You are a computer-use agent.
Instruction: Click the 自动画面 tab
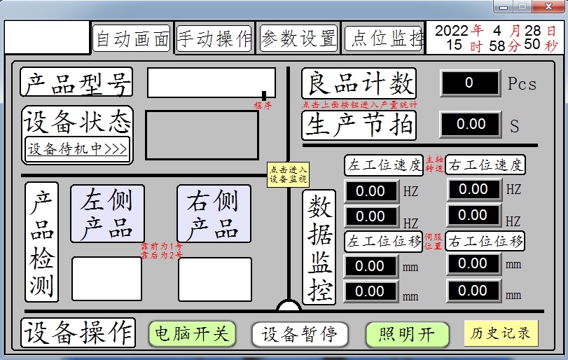tap(132, 39)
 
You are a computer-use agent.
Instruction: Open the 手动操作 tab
tap(214, 38)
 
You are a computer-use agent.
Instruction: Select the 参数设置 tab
tap(299, 38)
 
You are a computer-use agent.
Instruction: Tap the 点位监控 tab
tap(384, 38)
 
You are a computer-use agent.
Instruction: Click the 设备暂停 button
tap(300, 334)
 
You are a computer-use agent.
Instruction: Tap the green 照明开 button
tap(407, 334)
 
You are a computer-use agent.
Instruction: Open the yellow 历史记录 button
tap(501, 333)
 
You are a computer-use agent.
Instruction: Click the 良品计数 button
tap(359, 83)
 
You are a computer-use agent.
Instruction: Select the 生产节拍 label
tap(359, 125)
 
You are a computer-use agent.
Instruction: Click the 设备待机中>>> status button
tap(77, 148)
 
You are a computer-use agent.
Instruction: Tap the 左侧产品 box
tap(107, 214)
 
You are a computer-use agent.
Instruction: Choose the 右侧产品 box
tap(214, 214)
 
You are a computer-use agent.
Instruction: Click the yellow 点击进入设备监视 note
tap(288, 174)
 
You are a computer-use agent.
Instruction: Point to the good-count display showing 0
tap(469, 83)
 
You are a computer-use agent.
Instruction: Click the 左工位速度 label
tap(384, 165)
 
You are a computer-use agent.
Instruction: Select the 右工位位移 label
tap(485, 242)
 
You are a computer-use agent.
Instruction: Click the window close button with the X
tap(543, 6)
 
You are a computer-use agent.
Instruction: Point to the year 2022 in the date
tap(452, 31)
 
